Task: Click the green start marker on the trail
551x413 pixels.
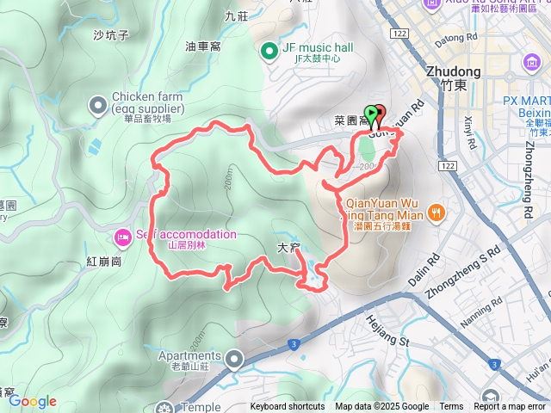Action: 370,113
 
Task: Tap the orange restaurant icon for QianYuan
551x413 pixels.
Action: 437,211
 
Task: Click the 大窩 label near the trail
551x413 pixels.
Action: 288,248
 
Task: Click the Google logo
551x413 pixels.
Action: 32,401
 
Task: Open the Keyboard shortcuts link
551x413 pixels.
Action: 288,407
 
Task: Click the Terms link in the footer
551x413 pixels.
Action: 451,407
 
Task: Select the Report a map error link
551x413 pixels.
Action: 511,407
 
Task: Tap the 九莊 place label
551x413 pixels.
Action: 235,16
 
